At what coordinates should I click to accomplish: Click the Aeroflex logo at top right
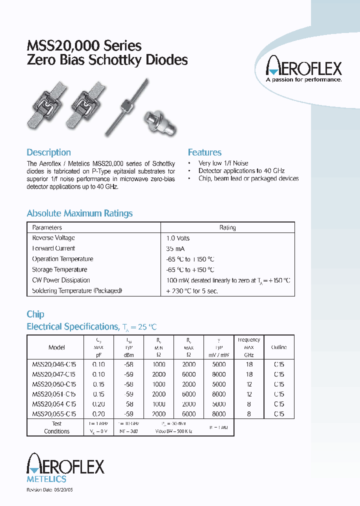[x=303, y=70]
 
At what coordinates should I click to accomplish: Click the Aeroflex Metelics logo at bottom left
[x=65, y=468]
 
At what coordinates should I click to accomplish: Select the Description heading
[x=48, y=152]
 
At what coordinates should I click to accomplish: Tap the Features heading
[x=204, y=152]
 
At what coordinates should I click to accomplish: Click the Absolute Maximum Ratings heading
[x=79, y=213]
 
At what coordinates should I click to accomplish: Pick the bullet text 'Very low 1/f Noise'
[x=223, y=163]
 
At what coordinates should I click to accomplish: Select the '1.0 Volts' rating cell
[x=177, y=238]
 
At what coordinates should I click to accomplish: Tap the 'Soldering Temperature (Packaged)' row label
[x=77, y=290]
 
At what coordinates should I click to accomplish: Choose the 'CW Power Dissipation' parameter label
[x=61, y=280]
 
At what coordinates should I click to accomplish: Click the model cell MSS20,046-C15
[x=53, y=364]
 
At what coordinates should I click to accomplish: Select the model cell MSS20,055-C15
[x=53, y=414]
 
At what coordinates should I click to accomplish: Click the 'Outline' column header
[x=278, y=347]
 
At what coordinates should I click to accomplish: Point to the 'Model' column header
[x=56, y=347]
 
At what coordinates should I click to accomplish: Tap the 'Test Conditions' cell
[x=56, y=427]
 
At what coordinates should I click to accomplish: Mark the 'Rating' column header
[x=227, y=227]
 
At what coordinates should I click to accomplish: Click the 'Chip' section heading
[x=35, y=314]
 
